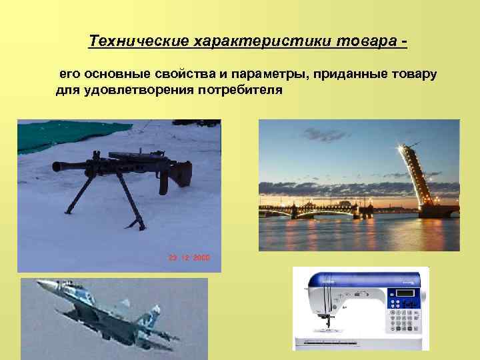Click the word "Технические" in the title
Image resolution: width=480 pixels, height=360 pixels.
coord(139,42)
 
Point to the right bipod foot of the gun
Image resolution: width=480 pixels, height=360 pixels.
coord(141,225)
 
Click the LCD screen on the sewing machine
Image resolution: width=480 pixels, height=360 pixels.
coord(405,294)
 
